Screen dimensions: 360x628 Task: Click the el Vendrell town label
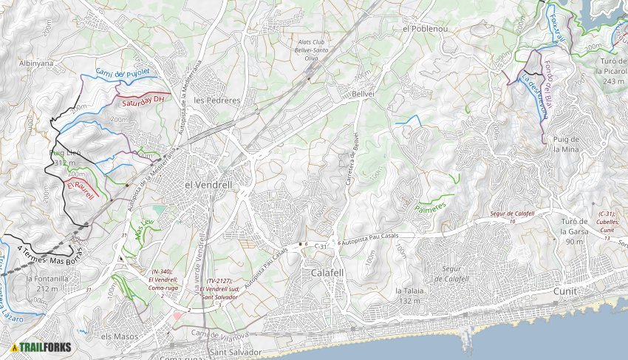[x=208, y=184]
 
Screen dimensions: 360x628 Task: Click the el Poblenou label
[x=426, y=28]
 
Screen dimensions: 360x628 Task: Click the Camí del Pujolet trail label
[x=122, y=72]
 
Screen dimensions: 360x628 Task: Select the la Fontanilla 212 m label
[x=47, y=284]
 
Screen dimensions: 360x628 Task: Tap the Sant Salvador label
[x=235, y=353]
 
